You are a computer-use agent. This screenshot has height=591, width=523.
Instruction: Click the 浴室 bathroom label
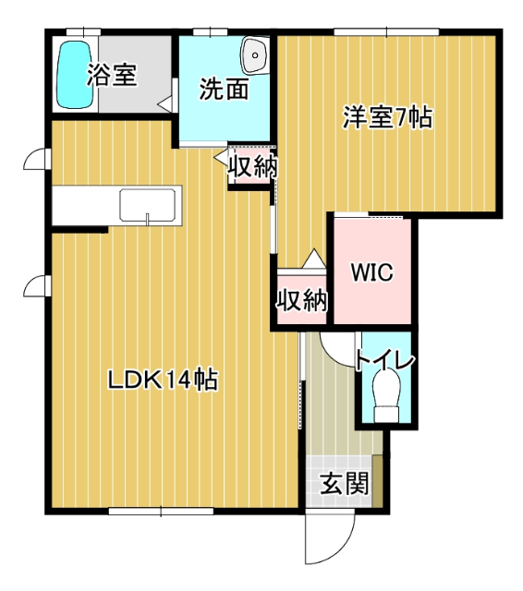(x=112, y=76)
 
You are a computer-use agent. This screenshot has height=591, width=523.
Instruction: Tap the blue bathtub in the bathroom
(x=69, y=75)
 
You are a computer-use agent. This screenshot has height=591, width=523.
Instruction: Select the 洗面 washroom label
(x=224, y=90)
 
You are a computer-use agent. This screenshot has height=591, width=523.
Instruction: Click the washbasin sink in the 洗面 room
(x=252, y=56)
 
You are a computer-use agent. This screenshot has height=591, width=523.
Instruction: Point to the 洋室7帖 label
(x=389, y=118)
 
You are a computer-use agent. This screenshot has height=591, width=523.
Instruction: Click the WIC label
(x=372, y=273)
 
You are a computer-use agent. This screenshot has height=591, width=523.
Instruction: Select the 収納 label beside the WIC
(x=301, y=300)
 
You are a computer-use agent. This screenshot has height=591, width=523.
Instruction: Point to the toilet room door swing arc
(x=338, y=349)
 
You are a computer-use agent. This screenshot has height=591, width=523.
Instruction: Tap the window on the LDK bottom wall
(x=161, y=511)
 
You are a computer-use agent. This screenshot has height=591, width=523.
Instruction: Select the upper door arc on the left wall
(x=36, y=160)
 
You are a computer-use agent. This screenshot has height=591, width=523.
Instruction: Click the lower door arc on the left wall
(x=36, y=285)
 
